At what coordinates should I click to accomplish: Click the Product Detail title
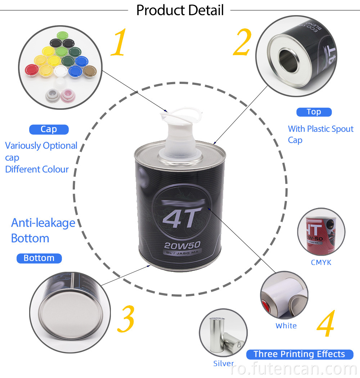[180, 10]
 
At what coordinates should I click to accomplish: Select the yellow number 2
[242, 42]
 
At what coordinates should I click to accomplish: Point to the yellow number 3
[126, 319]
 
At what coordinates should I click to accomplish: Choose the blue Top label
[314, 112]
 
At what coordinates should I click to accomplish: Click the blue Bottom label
[39, 258]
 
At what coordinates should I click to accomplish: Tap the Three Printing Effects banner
[299, 354]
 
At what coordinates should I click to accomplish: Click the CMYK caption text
[321, 262]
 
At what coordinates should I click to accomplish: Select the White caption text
[286, 326]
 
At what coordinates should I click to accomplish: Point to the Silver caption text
[224, 363]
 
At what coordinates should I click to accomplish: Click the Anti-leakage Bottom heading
[43, 230]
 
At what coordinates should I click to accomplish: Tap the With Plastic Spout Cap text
[320, 134]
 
